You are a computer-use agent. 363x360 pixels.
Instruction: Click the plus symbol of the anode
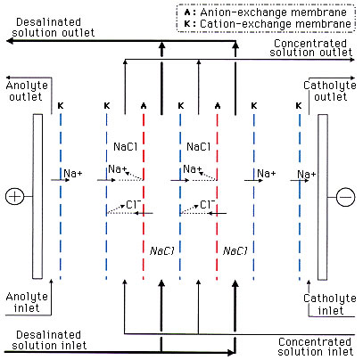tap(14, 196)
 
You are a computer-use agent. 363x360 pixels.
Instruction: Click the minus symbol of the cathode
tap(345, 197)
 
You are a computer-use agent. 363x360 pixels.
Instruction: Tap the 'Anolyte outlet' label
tap(27, 91)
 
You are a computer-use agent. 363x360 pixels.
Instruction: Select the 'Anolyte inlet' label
tap(27, 302)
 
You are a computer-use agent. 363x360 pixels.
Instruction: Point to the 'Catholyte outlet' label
tap(330, 91)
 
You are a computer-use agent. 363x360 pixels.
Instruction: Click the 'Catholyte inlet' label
tap(330, 305)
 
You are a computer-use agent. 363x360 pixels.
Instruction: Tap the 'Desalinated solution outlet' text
tap(54, 28)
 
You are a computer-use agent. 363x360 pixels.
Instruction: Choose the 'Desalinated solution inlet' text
tap(49, 340)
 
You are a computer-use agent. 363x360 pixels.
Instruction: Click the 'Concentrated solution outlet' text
tap(310, 47)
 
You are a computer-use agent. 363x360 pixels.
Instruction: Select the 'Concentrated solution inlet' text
tap(315, 347)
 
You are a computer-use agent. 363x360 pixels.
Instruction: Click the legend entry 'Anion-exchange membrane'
tap(266, 12)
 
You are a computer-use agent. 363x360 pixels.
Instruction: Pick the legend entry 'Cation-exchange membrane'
tap(268, 24)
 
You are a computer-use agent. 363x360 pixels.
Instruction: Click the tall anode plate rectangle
tap(37, 196)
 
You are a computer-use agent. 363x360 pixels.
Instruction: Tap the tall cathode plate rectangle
tap(323, 197)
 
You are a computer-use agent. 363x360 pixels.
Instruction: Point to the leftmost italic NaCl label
tap(161, 251)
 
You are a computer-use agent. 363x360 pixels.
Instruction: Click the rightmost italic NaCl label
tap(235, 251)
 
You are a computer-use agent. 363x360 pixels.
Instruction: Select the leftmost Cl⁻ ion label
tap(133, 204)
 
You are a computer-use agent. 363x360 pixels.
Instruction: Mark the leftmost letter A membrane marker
tap(144, 105)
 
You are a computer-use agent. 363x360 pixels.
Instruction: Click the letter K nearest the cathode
tap(299, 105)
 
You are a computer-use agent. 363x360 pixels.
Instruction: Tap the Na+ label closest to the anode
tap(73, 173)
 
